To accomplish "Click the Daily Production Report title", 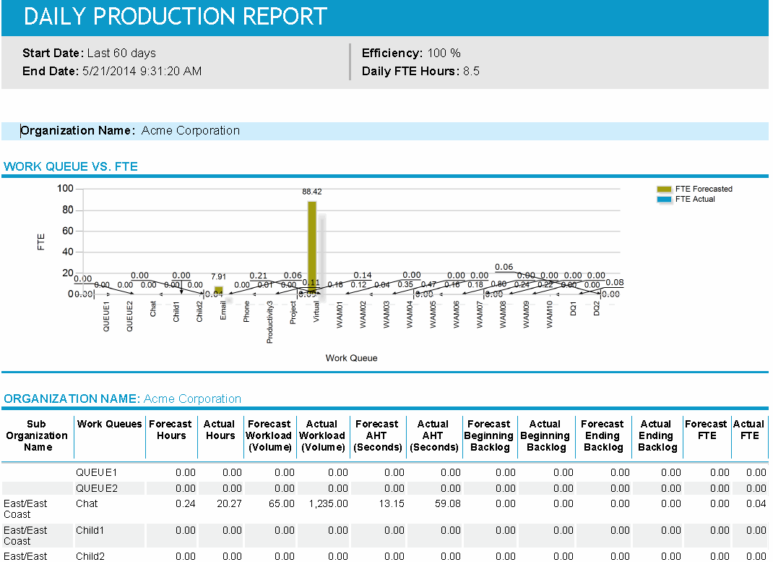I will pyautogui.click(x=176, y=17).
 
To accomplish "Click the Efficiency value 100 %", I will pyautogui.click(x=443, y=53).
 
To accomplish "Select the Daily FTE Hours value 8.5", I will pyautogui.click(x=471, y=71).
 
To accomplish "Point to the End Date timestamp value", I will pyautogui.click(x=142, y=71).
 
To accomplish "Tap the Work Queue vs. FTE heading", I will pyautogui.click(x=71, y=166).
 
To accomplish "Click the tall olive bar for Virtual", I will pyautogui.click(x=312, y=246).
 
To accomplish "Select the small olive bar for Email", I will pyautogui.click(x=218, y=289).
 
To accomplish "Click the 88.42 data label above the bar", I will pyautogui.click(x=312, y=192).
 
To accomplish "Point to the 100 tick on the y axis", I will pyautogui.click(x=66, y=189).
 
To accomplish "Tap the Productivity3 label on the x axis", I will pyautogui.click(x=270, y=322).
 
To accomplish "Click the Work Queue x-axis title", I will pyautogui.click(x=351, y=358).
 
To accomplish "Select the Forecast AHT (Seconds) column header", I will pyautogui.click(x=376, y=435).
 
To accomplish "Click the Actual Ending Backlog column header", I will pyautogui.click(x=657, y=435).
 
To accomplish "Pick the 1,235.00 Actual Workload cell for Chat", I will pyautogui.click(x=327, y=503).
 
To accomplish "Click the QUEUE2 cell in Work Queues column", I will pyautogui.click(x=96, y=488).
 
